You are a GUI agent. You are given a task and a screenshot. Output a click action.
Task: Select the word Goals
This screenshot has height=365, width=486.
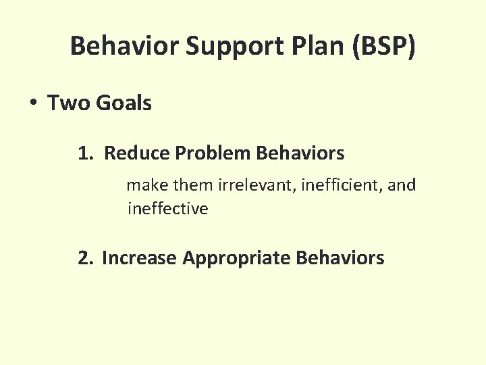pos(124,103)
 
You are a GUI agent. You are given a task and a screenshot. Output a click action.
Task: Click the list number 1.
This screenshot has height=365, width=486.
pos(84,153)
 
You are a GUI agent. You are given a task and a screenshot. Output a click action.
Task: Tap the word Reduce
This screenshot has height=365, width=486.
pos(138,153)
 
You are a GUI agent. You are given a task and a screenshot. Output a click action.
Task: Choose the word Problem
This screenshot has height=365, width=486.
pos(212,153)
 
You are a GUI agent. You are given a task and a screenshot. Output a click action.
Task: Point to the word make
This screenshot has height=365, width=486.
pos(146,185)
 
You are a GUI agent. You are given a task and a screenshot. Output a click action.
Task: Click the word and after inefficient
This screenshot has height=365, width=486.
pos(402,185)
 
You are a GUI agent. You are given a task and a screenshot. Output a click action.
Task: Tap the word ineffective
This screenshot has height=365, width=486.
pos(167,209)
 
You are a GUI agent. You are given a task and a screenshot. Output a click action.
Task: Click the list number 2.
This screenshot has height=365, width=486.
pos(85,258)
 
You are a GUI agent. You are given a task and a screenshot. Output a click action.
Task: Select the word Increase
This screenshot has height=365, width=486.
pos(139,258)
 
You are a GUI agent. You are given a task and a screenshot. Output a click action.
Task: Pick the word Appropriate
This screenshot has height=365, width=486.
pos(236,258)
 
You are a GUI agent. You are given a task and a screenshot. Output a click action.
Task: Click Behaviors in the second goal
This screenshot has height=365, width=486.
pos(340,258)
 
